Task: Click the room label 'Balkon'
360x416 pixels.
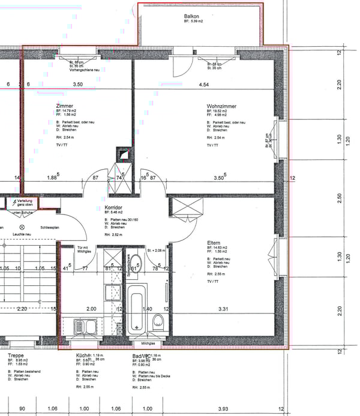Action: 192,16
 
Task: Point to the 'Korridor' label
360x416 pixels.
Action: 113,207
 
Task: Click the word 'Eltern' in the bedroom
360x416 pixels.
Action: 214,242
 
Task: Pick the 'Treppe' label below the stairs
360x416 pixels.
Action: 16,355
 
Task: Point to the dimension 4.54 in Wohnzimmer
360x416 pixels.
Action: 203,85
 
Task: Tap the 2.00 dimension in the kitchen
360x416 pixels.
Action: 91,309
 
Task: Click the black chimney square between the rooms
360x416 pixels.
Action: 123,154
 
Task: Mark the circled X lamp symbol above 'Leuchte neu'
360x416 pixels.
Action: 23,228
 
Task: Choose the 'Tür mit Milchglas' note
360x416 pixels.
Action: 83,250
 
